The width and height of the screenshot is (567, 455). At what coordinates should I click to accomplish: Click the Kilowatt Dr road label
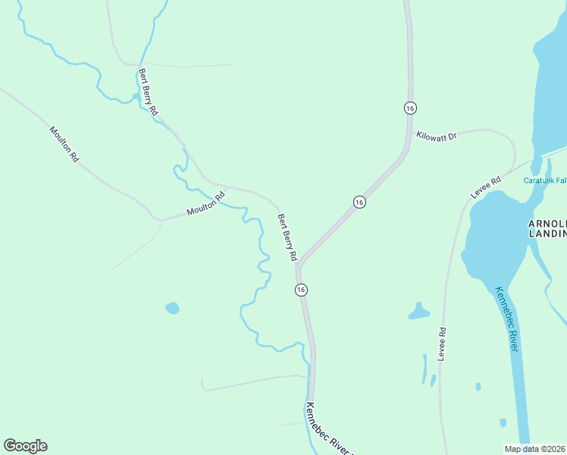[437, 136]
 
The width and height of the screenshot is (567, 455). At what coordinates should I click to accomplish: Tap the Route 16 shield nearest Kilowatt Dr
[410, 108]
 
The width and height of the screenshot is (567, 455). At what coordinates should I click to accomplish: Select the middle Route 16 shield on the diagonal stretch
[359, 202]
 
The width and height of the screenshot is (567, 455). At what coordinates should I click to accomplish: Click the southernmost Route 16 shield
[301, 290]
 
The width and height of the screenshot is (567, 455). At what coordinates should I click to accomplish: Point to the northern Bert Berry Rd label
[148, 92]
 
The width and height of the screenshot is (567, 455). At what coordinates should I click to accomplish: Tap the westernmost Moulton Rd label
[64, 145]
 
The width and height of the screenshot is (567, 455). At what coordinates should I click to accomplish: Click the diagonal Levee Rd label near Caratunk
[486, 188]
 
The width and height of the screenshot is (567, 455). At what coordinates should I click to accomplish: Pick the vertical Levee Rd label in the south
[441, 343]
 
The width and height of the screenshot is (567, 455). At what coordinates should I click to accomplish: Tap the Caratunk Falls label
[545, 180]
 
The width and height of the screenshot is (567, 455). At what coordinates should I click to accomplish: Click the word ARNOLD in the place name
[547, 224]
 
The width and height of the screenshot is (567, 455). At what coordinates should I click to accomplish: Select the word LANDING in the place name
[547, 234]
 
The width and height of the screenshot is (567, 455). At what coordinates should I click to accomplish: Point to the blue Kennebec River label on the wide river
[507, 318]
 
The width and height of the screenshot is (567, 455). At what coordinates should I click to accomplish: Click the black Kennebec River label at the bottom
[327, 428]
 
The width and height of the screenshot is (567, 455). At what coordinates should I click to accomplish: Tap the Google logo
[25, 446]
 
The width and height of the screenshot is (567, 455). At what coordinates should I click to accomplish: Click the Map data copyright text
[535, 448]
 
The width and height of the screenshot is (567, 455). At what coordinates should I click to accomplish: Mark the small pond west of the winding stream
[173, 308]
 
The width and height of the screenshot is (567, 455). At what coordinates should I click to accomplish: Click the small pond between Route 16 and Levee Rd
[419, 311]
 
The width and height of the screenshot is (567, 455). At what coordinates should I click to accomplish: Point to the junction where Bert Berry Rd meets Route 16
[299, 267]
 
